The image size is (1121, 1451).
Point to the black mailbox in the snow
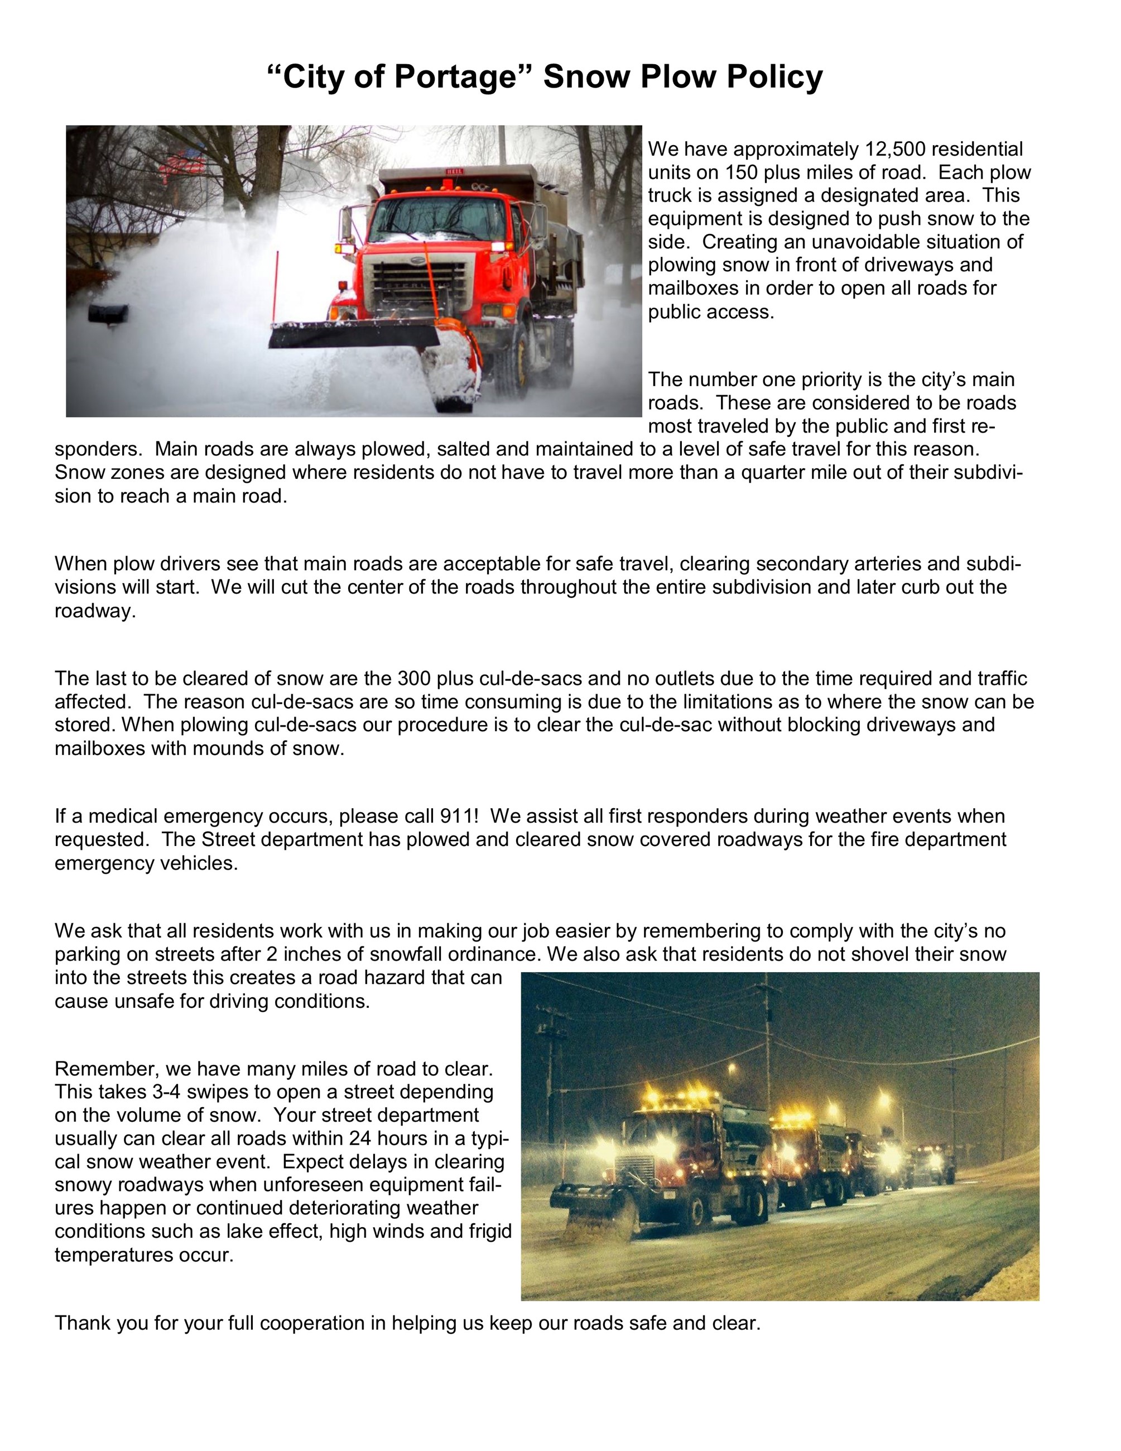(108, 313)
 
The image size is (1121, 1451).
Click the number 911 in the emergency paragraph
(455, 816)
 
